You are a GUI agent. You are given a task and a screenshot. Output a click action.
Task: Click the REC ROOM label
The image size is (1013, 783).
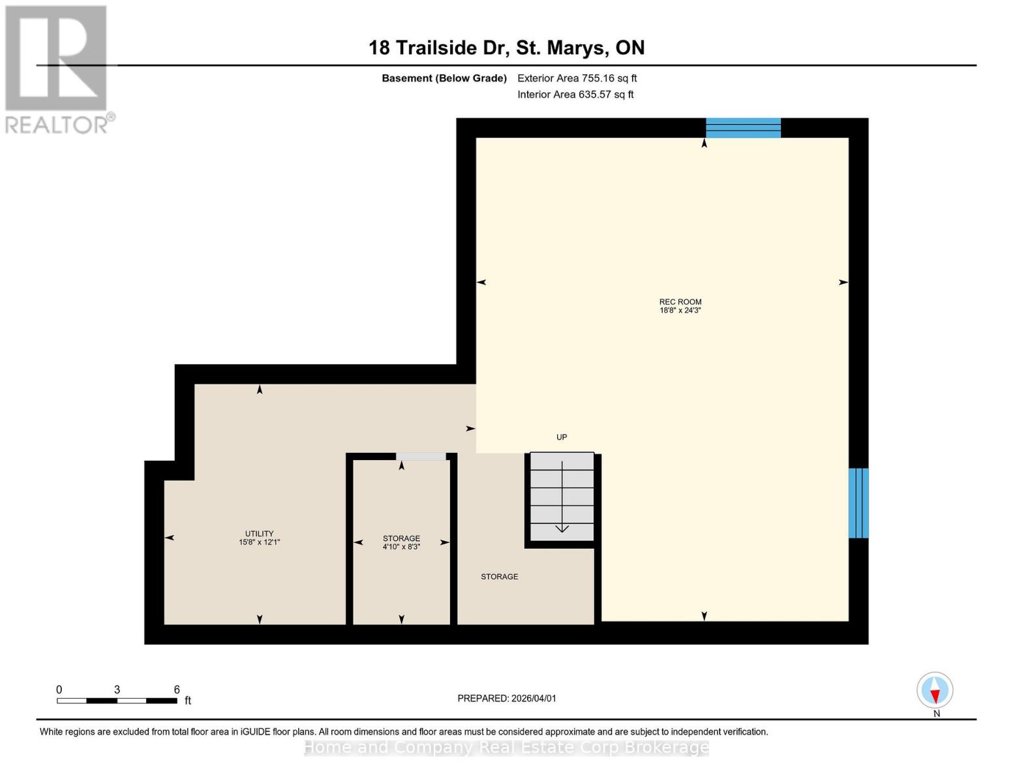680,301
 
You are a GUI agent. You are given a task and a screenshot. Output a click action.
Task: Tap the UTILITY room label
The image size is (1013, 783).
259,533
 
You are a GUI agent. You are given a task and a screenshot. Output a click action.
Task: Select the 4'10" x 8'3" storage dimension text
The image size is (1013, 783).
401,547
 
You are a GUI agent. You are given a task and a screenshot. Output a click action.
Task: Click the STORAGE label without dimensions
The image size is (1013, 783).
499,577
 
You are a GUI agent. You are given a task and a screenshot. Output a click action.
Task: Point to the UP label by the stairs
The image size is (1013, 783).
562,437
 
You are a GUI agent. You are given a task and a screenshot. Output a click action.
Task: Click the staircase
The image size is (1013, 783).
562,497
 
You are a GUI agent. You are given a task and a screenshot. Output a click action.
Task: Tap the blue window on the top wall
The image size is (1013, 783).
743,128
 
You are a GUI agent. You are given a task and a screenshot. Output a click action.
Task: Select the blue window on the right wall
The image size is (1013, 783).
858,502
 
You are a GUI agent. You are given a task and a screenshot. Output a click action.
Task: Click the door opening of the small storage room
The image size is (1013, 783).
421,456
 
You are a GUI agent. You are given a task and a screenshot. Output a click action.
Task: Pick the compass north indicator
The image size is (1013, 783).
935,691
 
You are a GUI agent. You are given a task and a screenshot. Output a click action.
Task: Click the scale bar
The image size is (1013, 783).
117,701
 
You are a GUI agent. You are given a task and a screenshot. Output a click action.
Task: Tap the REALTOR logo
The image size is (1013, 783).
57,69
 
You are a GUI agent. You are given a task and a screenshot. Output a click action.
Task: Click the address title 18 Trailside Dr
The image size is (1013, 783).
506,48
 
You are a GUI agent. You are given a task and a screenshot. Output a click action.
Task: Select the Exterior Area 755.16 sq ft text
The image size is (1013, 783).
577,78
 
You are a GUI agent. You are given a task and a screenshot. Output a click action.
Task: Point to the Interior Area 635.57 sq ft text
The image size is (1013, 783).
575,95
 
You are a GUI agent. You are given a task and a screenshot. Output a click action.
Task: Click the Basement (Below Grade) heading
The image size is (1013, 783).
444,78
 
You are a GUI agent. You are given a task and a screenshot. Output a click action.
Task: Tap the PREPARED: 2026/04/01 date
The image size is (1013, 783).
507,698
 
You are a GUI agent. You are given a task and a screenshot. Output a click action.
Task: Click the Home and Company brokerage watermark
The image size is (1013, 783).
506,747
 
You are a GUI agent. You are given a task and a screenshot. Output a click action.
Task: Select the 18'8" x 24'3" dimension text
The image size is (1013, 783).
680,311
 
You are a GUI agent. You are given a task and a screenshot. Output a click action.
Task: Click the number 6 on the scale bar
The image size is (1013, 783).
177,690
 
